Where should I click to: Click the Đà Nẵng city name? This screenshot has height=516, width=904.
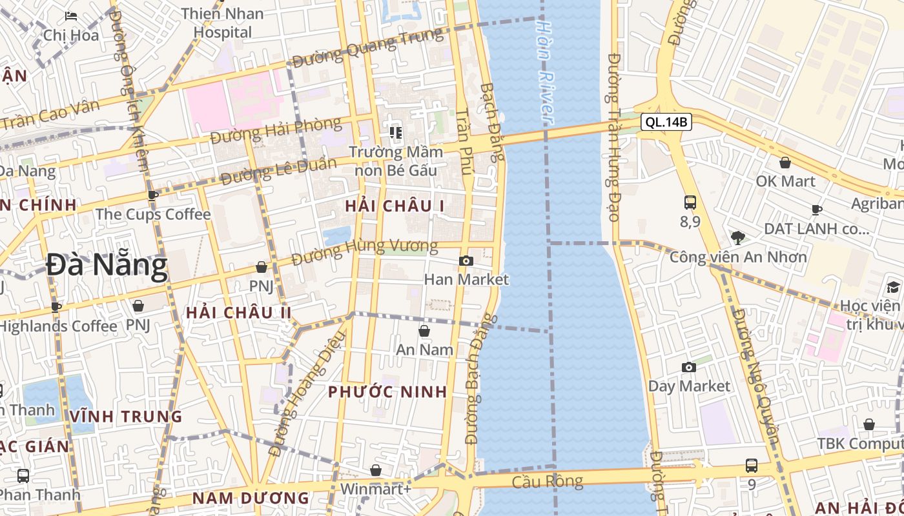coord(107,265)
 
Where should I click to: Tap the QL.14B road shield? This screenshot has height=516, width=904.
coord(667,121)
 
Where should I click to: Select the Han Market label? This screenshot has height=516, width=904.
coord(466,279)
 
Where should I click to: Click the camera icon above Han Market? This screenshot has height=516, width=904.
coord(466,261)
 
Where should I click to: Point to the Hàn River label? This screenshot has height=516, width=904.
coord(545,71)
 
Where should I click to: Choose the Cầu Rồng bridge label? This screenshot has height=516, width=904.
coord(548,481)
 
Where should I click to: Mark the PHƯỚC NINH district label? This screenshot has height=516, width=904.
coord(387,392)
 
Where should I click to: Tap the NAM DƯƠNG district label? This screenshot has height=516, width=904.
coord(251,498)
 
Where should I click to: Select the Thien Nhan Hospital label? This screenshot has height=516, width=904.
coord(223,23)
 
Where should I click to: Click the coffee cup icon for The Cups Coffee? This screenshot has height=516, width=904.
coord(153,195)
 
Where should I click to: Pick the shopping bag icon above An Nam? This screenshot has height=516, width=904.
coord(424,331)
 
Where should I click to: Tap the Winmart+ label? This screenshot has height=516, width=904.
coord(375,489)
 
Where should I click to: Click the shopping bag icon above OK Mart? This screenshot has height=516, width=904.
coord(785,163)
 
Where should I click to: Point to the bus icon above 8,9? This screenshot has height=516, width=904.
coord(690,203)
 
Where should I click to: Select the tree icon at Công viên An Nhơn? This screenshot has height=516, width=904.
coord(738,237)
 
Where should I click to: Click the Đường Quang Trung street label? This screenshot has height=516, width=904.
coord(368,47)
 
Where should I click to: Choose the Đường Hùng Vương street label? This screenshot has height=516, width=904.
coord(364,252)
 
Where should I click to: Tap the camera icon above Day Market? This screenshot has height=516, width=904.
coord(689,367)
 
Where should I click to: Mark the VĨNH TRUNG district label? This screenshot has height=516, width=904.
coord(126,416)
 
